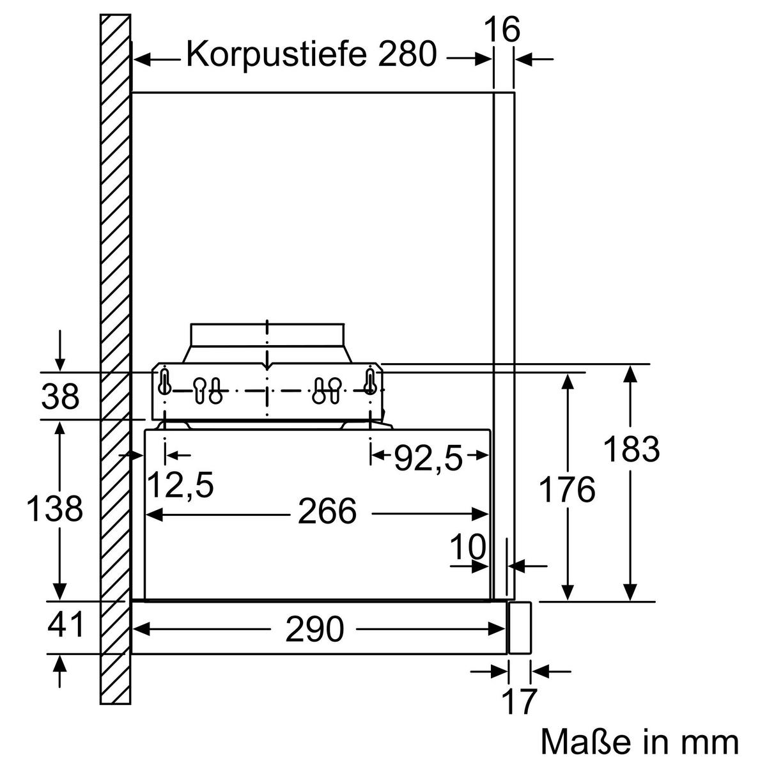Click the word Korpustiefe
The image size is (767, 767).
click(277, 55)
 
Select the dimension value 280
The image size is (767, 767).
click(407, 55)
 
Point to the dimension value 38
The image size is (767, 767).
click(60, 398)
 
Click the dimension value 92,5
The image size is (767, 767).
click(428, 458)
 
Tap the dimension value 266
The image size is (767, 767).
click(327, 512)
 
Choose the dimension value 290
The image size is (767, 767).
click(314, 630)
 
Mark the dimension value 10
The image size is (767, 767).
click(468, 547)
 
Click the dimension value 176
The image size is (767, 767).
click(567, 490)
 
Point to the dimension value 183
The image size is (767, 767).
click(631, 449)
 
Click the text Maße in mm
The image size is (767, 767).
click(639, 743)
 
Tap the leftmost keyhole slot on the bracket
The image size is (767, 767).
click(165, 382)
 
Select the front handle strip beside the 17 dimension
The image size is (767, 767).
click(519, 627)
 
